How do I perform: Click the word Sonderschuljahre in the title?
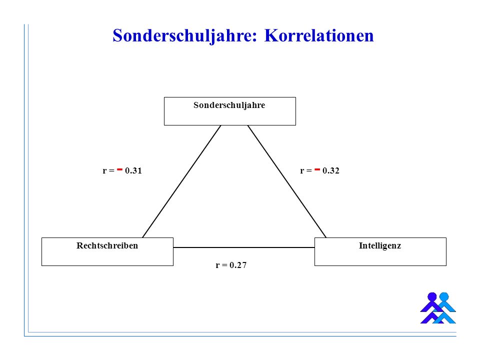point(182,36)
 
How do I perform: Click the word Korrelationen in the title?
point(319,35)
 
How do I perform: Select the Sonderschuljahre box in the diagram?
point(230,111)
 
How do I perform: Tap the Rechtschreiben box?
point(107,251)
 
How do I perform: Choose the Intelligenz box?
point(380,251)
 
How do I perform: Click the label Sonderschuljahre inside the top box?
point(229,105)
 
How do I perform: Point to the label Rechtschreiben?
point(107,245)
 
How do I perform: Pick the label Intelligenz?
point(380,246)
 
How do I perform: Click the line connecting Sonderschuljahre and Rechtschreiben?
point(181,181)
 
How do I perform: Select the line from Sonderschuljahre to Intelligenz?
point(287,181)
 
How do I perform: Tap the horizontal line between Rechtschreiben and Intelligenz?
point(244,247)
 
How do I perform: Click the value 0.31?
point(133,170)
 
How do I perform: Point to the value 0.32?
point(331,170)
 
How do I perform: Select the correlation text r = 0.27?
point(231,265)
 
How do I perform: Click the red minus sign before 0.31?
point(119,169)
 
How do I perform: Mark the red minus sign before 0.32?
point(317,169)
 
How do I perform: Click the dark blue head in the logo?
point(432,296)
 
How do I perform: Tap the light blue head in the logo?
point(444,296)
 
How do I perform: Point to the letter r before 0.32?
point(302,171)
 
